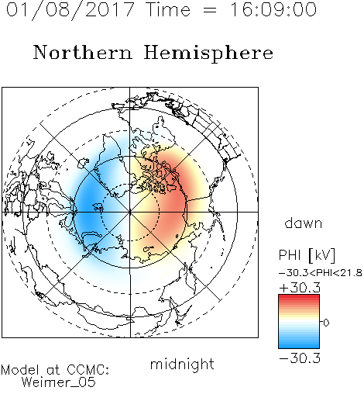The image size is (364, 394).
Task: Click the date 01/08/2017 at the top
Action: point(70,9)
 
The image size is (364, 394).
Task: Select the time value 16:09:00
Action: point(273,9)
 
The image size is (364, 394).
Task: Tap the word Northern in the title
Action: point(83,53)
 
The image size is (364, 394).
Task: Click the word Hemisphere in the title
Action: point(208,54)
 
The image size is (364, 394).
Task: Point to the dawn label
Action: point(304,223)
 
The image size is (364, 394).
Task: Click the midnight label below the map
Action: point(182,365)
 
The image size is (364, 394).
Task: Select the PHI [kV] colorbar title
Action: point(307,255)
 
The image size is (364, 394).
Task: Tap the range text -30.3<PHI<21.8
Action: point(321,273)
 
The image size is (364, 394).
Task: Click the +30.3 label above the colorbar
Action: point(300,288)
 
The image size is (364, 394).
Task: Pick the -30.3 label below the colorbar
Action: point(300,358)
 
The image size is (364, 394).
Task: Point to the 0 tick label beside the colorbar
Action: point(326,323)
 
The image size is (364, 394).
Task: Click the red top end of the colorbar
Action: point(299,296)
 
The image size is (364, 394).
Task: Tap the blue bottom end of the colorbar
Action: point(299,346)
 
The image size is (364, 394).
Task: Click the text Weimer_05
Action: point(59,382)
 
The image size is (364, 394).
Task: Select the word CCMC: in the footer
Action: point(88,370)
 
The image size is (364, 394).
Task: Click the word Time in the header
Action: point(168,9)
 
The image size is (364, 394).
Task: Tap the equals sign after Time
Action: point(210,11)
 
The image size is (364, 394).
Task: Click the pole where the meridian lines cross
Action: point(130,212)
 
